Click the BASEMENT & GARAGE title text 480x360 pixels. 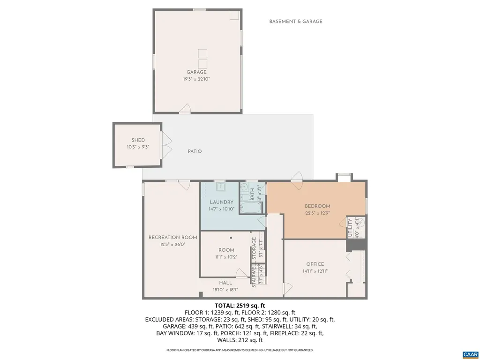point(296,21)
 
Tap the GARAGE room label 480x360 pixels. point(196,72)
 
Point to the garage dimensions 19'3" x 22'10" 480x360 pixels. point(196,79)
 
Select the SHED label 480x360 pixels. point(138,140)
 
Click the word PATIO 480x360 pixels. point(195,151)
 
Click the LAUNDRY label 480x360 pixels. point(221,202)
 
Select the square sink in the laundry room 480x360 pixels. point(221,187)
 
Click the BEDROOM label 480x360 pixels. point(317,206)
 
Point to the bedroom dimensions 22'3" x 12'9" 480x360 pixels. point(317,213)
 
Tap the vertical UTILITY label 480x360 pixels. point(350,228)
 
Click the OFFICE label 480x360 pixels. point(315,264)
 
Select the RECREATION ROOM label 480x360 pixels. point(172,237)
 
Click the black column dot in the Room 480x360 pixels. point(231,238)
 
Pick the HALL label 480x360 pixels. point(225,283)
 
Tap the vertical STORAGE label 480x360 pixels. point(254,249)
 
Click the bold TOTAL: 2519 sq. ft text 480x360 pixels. point(240,305)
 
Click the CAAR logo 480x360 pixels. point(470,353)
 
